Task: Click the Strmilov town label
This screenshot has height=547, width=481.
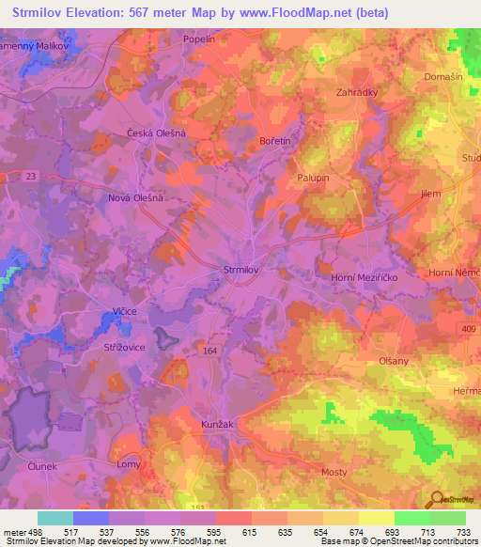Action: [240, 270]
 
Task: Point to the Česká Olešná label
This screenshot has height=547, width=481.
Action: [157, 133]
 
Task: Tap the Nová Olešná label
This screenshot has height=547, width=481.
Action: [136, 199]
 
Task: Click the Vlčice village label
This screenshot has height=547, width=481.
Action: [125, 311]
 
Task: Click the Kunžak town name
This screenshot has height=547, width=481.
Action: [217, 425]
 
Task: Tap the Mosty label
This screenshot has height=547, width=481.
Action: [334, 472]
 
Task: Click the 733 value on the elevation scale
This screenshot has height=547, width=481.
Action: [463, 532]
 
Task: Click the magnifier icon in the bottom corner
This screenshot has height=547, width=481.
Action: [435, 500]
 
